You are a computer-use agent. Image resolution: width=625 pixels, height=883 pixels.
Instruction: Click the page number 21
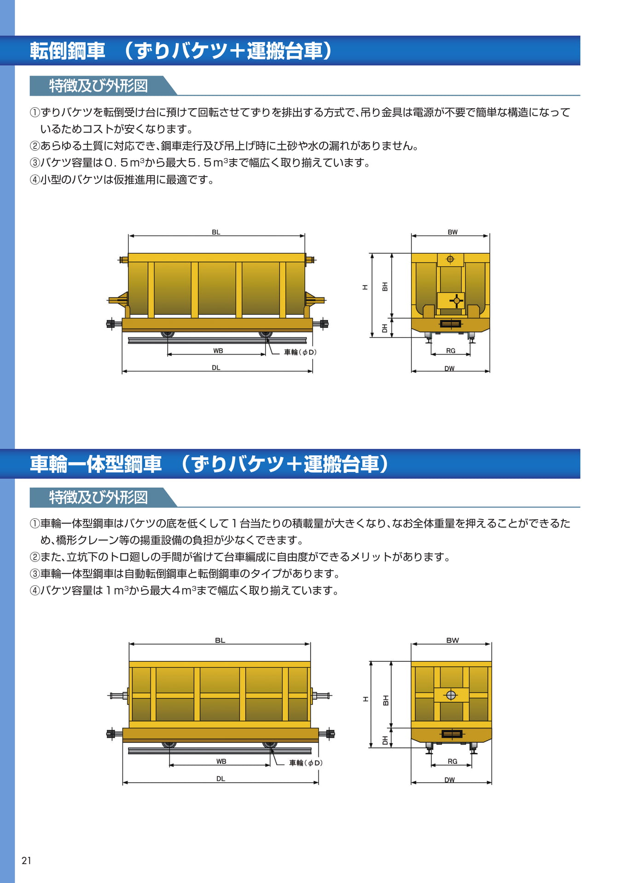(26, 860)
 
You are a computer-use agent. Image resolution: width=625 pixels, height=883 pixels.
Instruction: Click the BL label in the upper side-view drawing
(216, 232)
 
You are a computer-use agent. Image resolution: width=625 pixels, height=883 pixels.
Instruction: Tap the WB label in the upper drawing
(218, 351)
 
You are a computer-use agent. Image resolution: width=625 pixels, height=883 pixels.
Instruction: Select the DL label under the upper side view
(216, 368)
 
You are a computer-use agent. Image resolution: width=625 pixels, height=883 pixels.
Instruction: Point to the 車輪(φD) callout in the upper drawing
(300, 352)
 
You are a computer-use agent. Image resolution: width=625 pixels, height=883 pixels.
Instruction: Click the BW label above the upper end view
(452, 232)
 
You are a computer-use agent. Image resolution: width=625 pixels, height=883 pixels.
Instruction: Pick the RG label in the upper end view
(451, 351)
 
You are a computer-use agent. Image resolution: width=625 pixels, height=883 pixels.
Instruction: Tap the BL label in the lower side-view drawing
(220, 640)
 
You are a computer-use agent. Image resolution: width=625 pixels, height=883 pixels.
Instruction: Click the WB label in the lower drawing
(221, 762)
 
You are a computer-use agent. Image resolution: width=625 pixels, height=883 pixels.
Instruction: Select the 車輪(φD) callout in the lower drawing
(306, 763)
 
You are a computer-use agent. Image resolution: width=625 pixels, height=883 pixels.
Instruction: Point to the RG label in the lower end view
(452, 762)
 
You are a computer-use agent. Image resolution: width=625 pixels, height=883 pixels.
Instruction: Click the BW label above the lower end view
(452, 640)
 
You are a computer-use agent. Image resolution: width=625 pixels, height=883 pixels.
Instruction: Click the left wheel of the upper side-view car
(168, 334)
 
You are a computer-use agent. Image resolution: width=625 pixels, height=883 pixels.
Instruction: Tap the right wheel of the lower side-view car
(270, 745)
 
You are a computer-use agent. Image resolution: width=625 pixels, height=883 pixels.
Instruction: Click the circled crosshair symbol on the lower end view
(451, 695)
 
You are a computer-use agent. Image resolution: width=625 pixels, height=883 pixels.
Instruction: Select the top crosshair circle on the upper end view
(450, 259)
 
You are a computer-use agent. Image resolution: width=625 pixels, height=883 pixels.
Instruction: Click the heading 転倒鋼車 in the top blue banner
(68, 51)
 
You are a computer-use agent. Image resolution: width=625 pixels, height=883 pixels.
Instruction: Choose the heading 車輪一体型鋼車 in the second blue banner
(96, 464)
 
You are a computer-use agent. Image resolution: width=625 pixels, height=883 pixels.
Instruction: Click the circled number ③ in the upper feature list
(35, 163)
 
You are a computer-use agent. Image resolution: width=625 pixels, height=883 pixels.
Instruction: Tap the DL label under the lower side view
(220, 779)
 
